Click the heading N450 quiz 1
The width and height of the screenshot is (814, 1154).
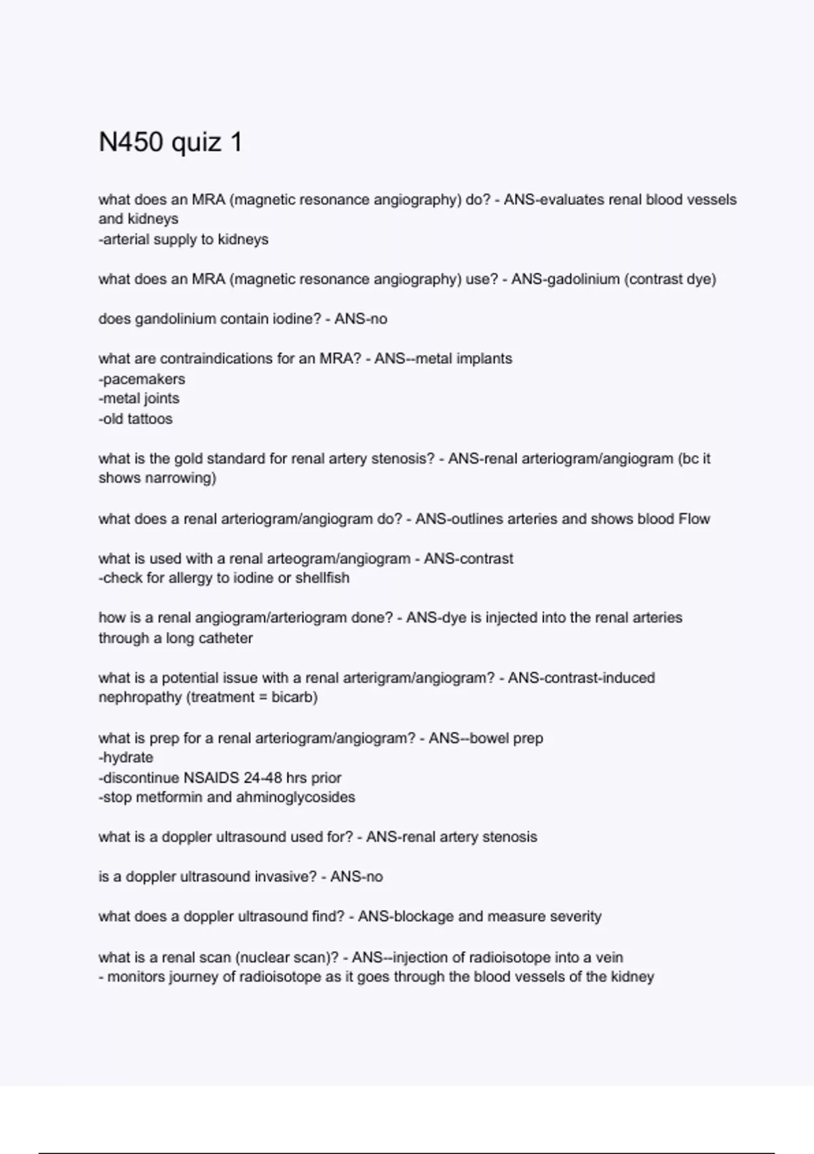170,143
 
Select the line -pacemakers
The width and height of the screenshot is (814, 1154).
142,379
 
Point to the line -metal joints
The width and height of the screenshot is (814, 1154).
139,398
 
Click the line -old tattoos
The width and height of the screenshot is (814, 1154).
136,419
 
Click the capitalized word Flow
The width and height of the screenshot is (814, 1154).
693,519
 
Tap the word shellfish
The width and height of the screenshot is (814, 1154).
323,578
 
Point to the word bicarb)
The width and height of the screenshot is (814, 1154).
294,697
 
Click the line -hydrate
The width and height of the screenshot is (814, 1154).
126,758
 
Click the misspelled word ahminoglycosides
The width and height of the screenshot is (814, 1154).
295,798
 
